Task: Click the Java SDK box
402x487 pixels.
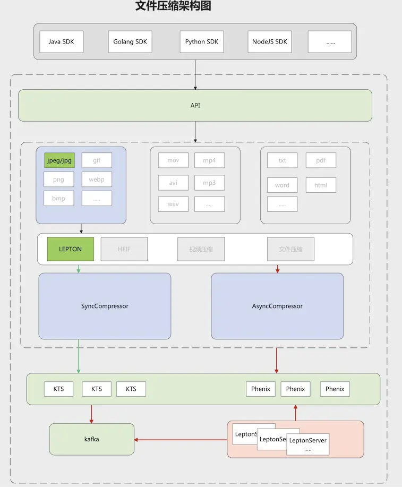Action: click(62, 41)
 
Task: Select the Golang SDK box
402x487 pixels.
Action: click(130, 41)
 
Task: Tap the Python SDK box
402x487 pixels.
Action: click(202, 41)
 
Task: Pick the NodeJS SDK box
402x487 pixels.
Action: click(270, 41)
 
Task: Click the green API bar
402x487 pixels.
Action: click(195, 105)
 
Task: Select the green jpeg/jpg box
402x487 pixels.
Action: click(59, 160)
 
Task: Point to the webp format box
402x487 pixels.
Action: click(97, 180)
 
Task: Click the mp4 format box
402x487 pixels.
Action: click(209, 160)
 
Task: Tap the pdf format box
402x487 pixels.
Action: click(321, 160)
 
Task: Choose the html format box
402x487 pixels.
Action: click(321, 185)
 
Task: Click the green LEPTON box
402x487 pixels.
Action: click(71, 249)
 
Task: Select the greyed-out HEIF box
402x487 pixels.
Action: click(124, 249)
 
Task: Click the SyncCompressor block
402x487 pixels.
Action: click(105, 306)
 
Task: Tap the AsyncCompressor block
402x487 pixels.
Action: click(277, 306)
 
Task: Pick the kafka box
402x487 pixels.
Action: click(92, 439)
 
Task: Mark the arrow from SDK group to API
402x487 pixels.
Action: click(195, 74)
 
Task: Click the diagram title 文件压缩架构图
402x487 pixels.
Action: click(174, 6)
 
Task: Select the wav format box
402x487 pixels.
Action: click(173, 204)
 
